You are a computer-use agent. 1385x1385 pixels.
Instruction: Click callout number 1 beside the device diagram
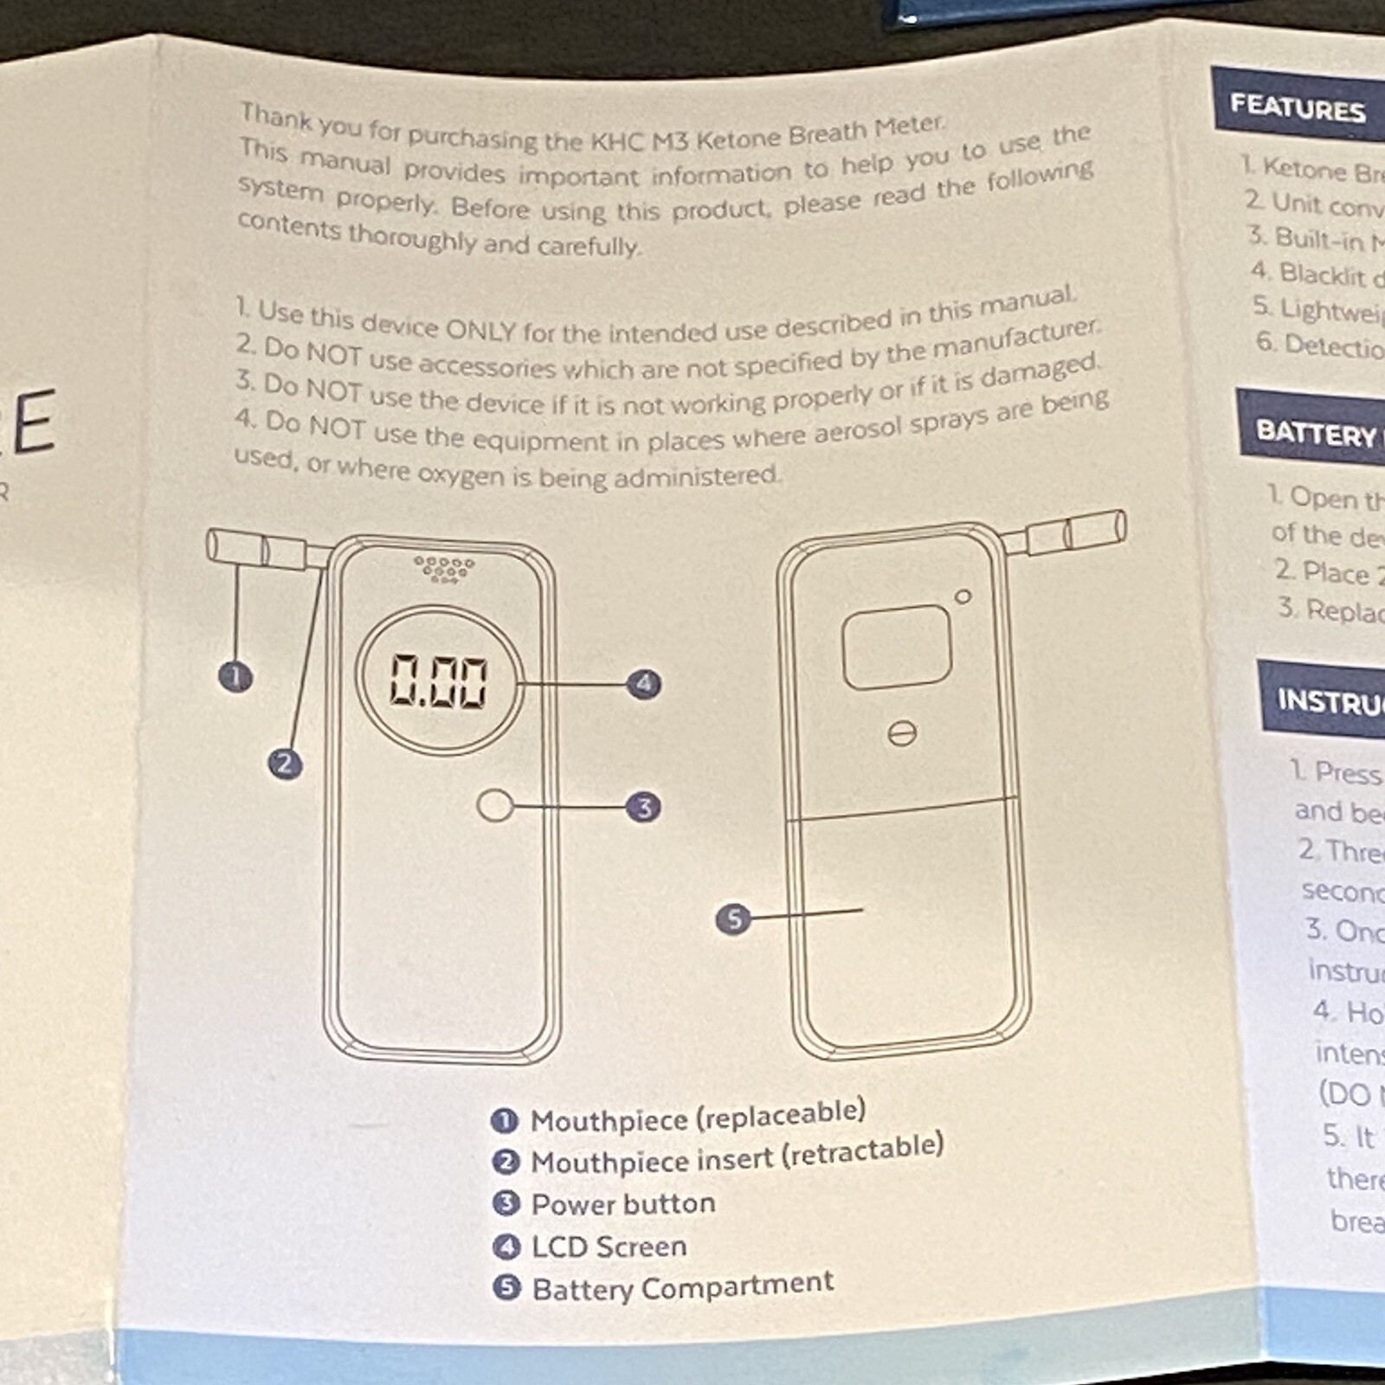pyautogui.click(x=235, y=676)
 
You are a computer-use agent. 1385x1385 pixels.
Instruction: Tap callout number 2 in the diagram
pyautogui.click(x=285, y=763)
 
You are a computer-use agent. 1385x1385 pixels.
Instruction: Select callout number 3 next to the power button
pyautogui.click(x=644, y=808)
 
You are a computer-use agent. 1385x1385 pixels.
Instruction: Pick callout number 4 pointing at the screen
pyautogui.click(x=644, y=684)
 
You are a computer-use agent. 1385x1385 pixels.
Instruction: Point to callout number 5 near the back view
pyautogui.click(x=734, y=918)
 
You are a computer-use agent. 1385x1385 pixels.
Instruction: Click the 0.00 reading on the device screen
pyautogui.click(x=439, y=680)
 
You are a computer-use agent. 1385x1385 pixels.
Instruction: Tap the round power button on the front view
pyautogui.click(x=494, y=805)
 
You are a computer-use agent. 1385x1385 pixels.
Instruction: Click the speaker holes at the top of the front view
pyautogui.click(x=444, y=568)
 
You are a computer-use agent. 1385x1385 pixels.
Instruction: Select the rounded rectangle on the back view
pyautogui.click(x=897, y=647)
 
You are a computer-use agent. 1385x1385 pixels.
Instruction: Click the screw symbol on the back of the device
pyautogui.click(x=902, y=734)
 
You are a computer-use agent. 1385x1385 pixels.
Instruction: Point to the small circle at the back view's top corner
pyautogui.click(x=963, y=596)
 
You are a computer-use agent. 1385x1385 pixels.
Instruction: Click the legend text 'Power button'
pyautogui.click(x=623, y=1204)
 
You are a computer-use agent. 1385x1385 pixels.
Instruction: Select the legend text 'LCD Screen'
pyautogui.click(x=609, y=1246)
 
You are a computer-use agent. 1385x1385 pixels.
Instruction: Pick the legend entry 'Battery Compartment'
pyautogui.click(x=682, y=1287)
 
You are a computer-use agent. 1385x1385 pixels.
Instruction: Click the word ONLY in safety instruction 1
pyautogui.click(x=480, y=329)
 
